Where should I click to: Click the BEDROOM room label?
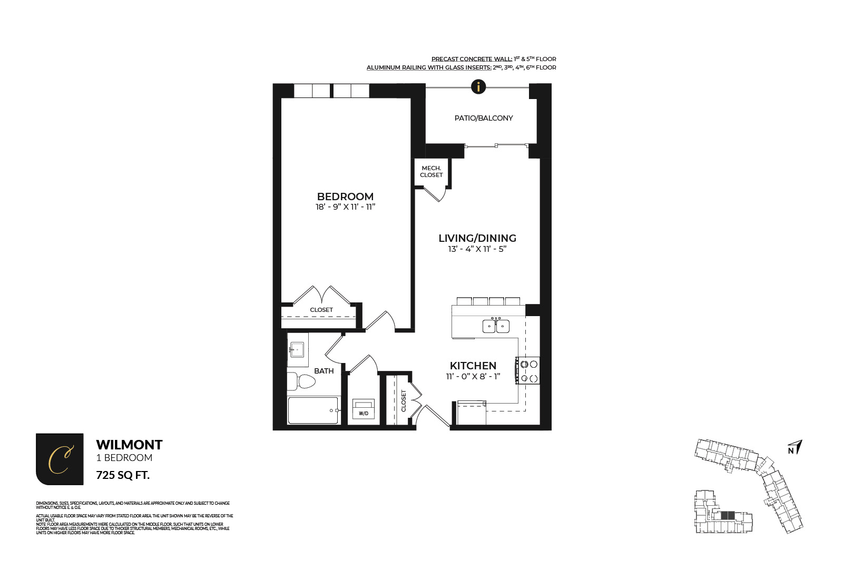[345, 197]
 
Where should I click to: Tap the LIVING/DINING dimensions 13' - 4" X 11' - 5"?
[477, 249]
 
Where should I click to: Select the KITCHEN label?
[473, 366]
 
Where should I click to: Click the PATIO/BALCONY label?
[483, 118]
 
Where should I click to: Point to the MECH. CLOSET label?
[431, 172]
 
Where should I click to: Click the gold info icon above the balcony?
[478, 86]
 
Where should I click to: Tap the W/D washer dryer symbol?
[363, 409]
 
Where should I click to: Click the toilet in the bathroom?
[302, 381]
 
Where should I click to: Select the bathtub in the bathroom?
[313, 410]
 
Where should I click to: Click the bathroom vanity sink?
[297, 349]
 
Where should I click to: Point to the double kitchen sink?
[496, 326]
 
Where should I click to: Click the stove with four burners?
[528, 371]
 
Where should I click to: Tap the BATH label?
[324, 371]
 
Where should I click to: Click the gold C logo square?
[60, 459]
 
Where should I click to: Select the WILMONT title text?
[129, 445]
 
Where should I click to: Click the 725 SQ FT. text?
[123, 475]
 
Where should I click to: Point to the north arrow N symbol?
[795, 448]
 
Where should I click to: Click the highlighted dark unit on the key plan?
[727, 515]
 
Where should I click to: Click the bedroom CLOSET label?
[321, 310]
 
